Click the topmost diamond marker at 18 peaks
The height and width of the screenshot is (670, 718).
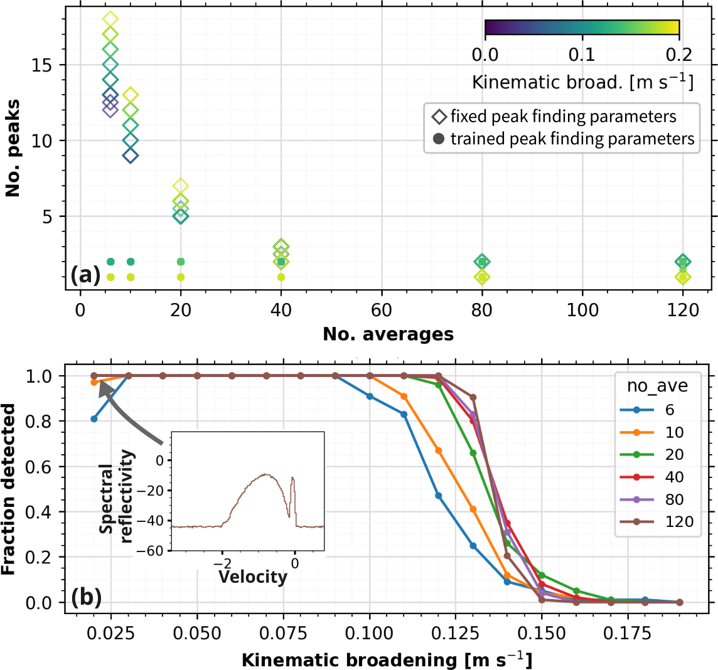[x=110, y=19]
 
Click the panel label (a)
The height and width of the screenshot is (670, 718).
[x=85, y=275]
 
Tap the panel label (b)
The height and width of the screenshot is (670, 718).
[x=85, y=596]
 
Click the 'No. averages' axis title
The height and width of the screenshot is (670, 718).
[x=388, y=334]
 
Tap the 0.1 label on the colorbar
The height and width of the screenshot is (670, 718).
[x=582, y=55]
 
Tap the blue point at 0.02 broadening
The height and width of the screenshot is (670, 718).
[x=94, y=419]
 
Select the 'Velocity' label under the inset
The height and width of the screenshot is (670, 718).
[x=252, y=577]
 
